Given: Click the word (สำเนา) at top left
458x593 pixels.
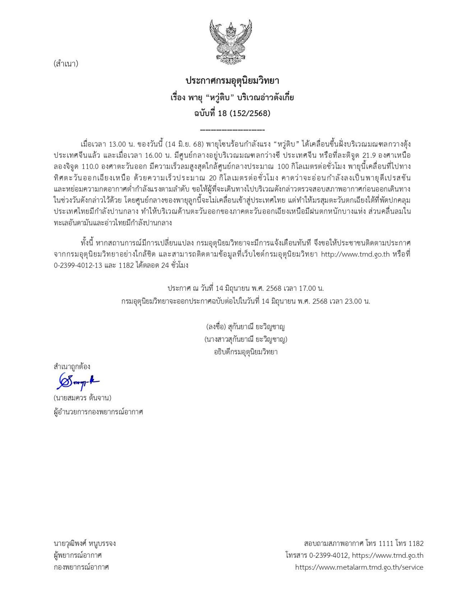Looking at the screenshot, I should (66, 64).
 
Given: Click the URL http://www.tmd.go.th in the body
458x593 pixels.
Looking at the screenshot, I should (355, 254).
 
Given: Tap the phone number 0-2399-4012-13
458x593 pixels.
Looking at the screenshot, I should (78, 265).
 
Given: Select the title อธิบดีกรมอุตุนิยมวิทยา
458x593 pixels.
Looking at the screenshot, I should (246, 352).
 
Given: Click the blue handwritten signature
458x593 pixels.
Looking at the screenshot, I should (78, 382).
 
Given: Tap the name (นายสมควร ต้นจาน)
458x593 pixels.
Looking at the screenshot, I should (83, 398).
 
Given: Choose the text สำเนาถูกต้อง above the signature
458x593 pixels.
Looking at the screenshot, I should (72, 367).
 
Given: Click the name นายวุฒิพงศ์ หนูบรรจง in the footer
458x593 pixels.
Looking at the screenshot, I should (85, 543).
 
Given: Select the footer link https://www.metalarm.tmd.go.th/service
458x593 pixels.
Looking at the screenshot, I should (359, 567).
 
